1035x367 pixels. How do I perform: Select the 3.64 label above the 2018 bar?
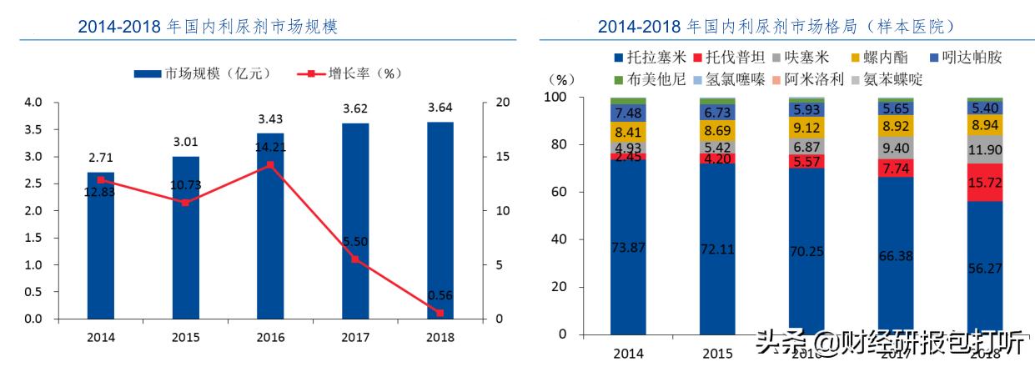tap(440, 108)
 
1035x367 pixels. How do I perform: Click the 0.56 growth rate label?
tap(440, 294)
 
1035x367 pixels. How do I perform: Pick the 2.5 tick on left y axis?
tap(33, 183)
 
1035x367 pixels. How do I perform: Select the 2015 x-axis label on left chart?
tap(185, 337)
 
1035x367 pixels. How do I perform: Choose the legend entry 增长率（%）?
tap(350, 73)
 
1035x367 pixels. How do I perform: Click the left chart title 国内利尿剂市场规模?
tap(209, 27)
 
